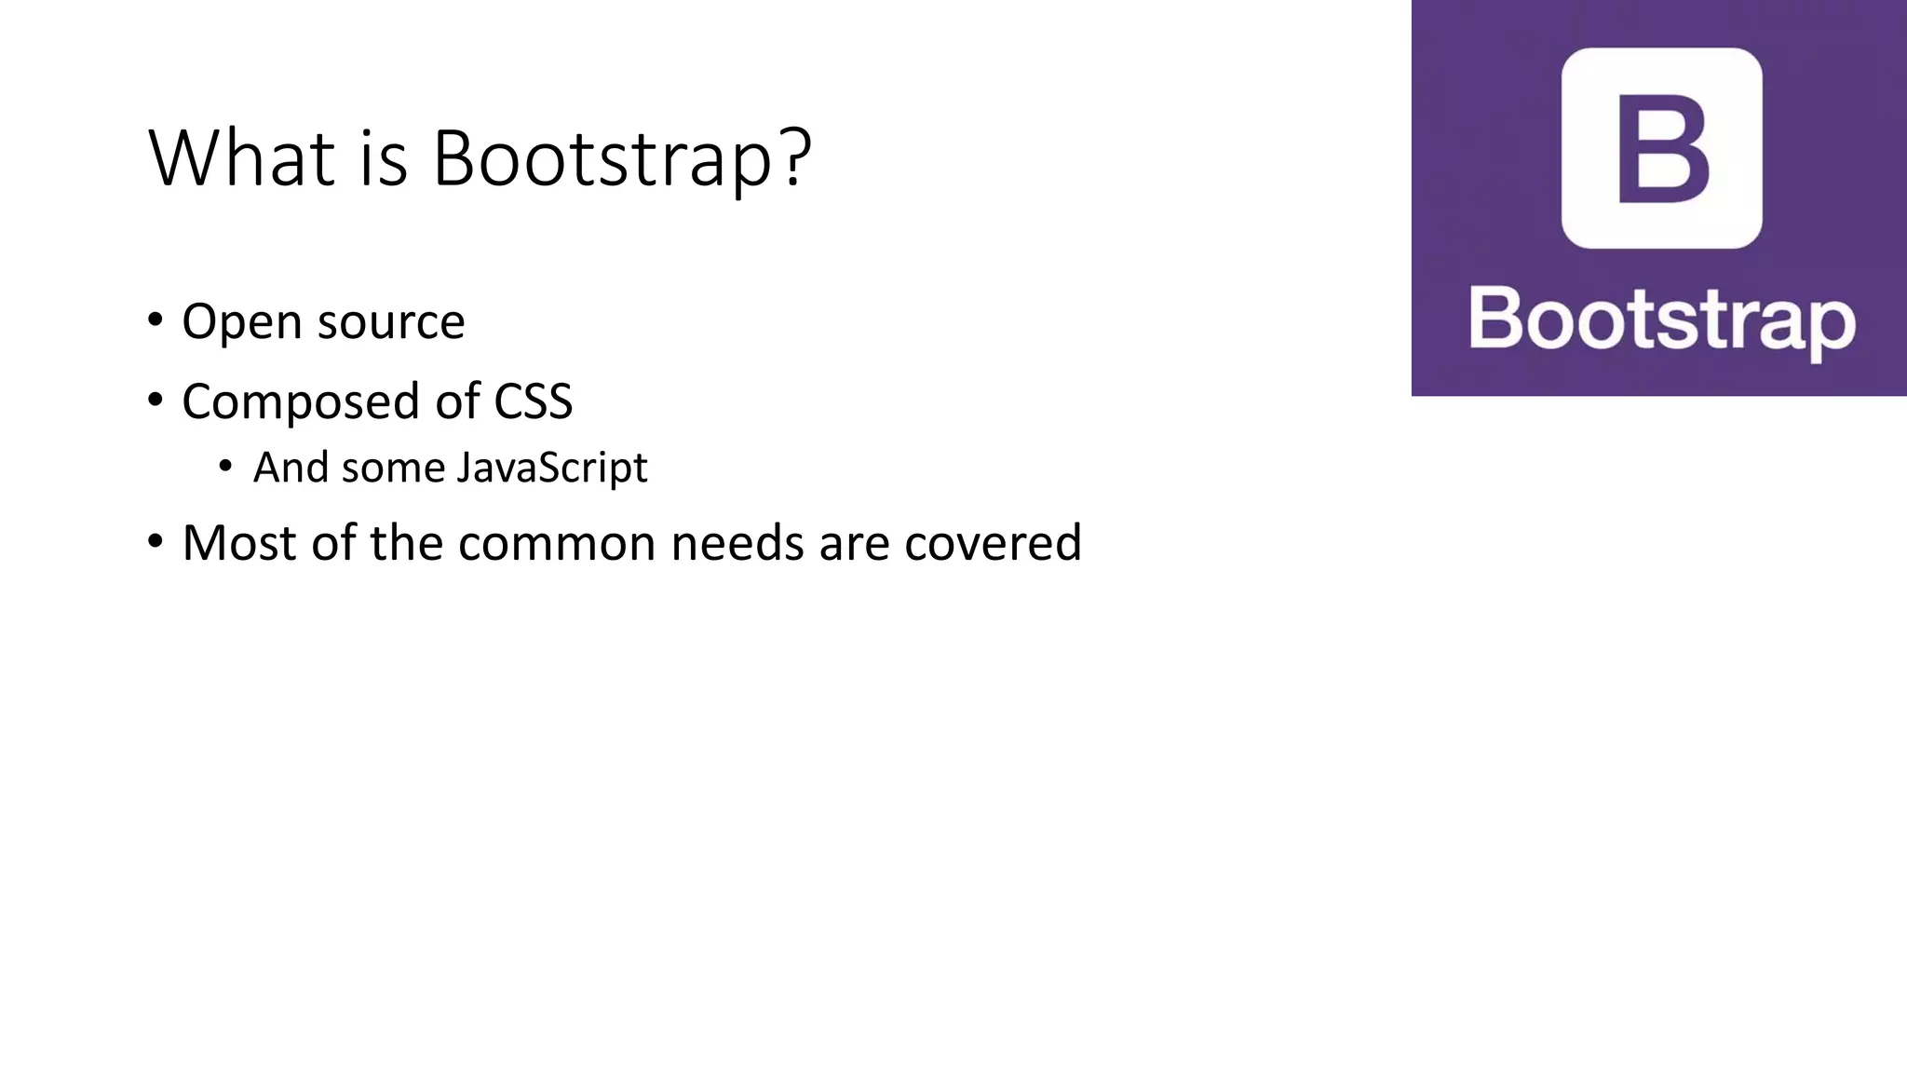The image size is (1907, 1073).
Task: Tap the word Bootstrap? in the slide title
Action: (x=622, y=160)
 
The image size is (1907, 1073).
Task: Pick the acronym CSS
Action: (x=533, y=401)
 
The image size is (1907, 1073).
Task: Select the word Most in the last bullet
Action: (x=238, y=543)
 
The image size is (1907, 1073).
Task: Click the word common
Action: (x=557, y=543)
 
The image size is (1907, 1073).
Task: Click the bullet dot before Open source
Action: (x=156, y=320)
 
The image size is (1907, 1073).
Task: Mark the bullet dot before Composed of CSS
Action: (x=156, y=401)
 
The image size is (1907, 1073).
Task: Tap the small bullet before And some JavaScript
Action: (x=225, y=466)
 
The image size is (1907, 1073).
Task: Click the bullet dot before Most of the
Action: (x=156, y=541)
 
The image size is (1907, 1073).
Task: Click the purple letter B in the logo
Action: (x=1662, y=149)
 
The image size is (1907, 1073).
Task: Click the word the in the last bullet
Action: (x=405, y=543)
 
